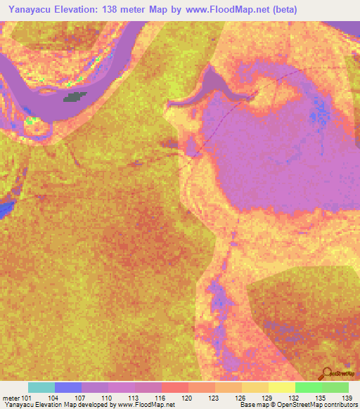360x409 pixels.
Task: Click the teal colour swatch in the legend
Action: pyautogui.click(x=41, y=387)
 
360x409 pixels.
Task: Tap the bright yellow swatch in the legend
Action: pyautogui.click(x=281, y=387)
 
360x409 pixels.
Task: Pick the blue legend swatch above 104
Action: pyautogui.click(x=67, y=387)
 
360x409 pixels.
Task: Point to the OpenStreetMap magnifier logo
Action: pyautogui.click(x=326, y=373)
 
